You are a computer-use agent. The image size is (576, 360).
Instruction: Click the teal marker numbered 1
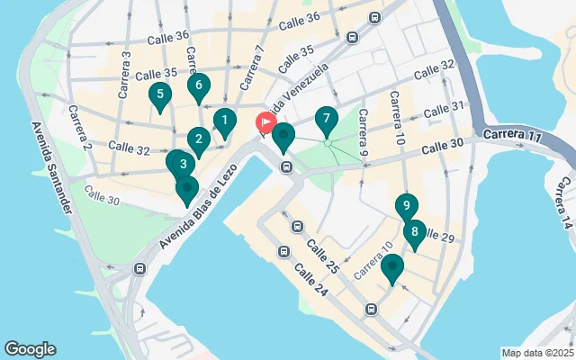coord(224,120)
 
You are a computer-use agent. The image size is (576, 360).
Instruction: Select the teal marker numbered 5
coord(159,94)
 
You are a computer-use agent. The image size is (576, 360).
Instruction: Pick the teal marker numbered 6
coord(199,86)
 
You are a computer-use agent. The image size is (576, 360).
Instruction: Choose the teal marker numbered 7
coord(326,119)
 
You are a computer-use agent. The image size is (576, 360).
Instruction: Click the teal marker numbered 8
coord(414,232)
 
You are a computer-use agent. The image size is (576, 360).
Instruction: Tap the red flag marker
coord(266,123)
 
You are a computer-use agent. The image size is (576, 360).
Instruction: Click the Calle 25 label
coord(321,256)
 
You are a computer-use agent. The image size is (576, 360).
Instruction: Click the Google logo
coord(30,349)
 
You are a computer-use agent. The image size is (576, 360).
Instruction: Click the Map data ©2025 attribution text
coord(536,353)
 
